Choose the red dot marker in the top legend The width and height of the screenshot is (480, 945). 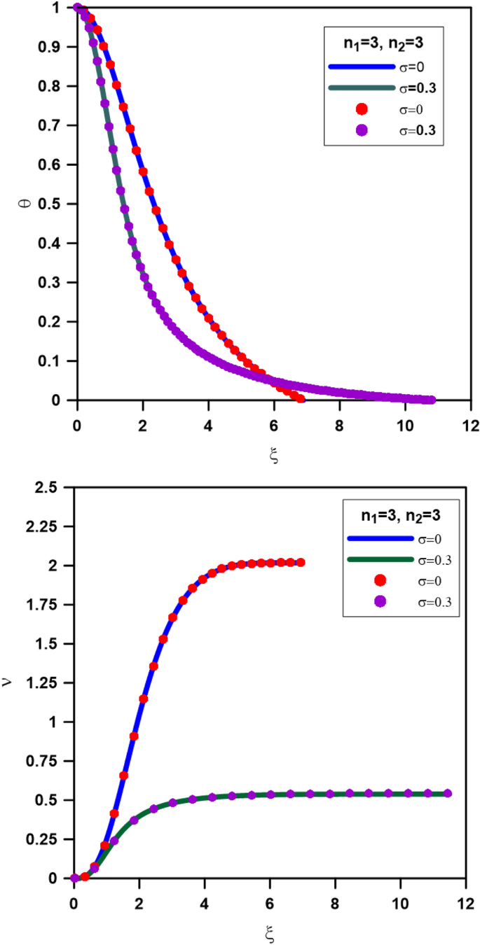coord(362,108)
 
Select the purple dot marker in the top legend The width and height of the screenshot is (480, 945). coord(362,129)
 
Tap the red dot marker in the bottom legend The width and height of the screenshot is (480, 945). coord(379,580)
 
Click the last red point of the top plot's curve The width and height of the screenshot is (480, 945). coord(301,399)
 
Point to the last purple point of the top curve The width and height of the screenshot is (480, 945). coord(431,400)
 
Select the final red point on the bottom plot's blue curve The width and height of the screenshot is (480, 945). coord(301,562)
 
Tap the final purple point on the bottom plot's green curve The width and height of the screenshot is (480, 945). coord(448,793)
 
